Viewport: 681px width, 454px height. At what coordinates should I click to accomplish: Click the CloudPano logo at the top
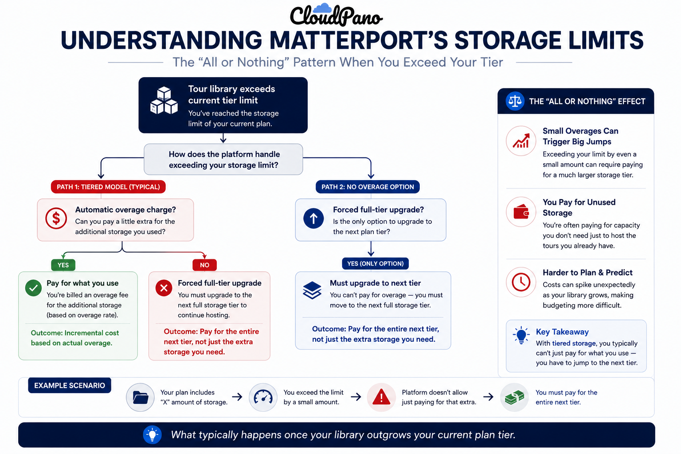click(336, 15)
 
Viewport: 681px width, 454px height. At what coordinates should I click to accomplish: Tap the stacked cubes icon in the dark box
click(164, 101)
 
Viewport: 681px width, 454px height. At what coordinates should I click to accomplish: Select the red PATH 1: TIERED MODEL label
click(108, 187)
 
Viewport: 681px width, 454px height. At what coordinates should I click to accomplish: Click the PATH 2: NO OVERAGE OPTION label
click(368, 187)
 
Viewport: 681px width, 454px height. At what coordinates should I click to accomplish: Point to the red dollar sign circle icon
click(56, 218)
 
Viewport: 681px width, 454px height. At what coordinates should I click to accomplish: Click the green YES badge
click(63, 265)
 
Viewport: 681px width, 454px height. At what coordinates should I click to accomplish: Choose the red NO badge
click(204, 265)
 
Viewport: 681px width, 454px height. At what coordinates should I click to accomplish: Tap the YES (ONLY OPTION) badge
click(376, 264)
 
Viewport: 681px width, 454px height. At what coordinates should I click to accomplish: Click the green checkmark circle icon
click(33, 288)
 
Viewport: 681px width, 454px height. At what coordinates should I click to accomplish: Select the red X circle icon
click(164, 288)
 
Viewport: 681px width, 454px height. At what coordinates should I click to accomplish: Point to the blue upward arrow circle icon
click(313, 218)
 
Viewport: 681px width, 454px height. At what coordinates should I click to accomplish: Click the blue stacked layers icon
click(312, 290)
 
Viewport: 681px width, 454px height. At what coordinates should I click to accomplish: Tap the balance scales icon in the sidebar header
click(515, 101)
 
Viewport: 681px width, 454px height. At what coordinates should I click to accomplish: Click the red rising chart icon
click(521, 141)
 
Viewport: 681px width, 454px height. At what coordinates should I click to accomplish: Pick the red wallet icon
click(521, 211)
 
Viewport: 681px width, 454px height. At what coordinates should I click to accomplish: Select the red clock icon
click(521, 282)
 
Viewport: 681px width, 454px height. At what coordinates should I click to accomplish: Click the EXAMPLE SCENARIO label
click(70, 385)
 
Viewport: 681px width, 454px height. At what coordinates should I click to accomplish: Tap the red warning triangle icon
click(381, 397)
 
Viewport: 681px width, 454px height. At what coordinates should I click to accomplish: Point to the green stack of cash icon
click(514, 397)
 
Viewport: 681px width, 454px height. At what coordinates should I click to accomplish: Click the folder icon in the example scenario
click(140, 397)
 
